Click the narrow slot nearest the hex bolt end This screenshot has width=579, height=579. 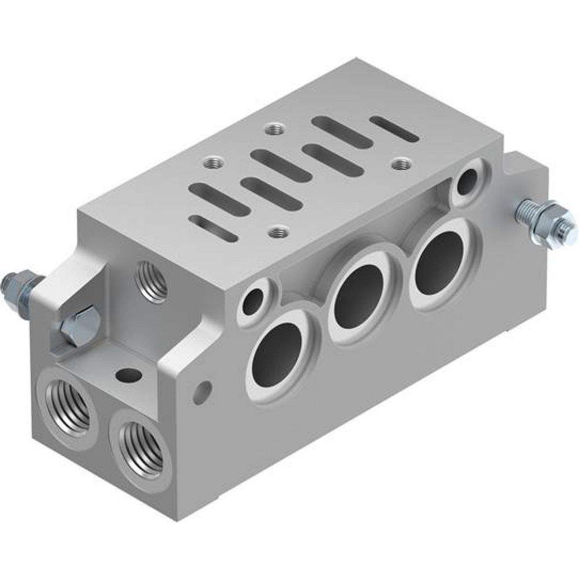pyautogui.click(x=214, y=228)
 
